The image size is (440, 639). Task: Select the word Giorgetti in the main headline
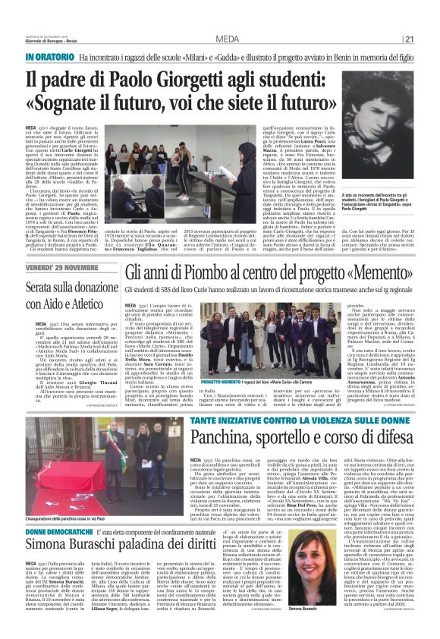click(193, 78)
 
